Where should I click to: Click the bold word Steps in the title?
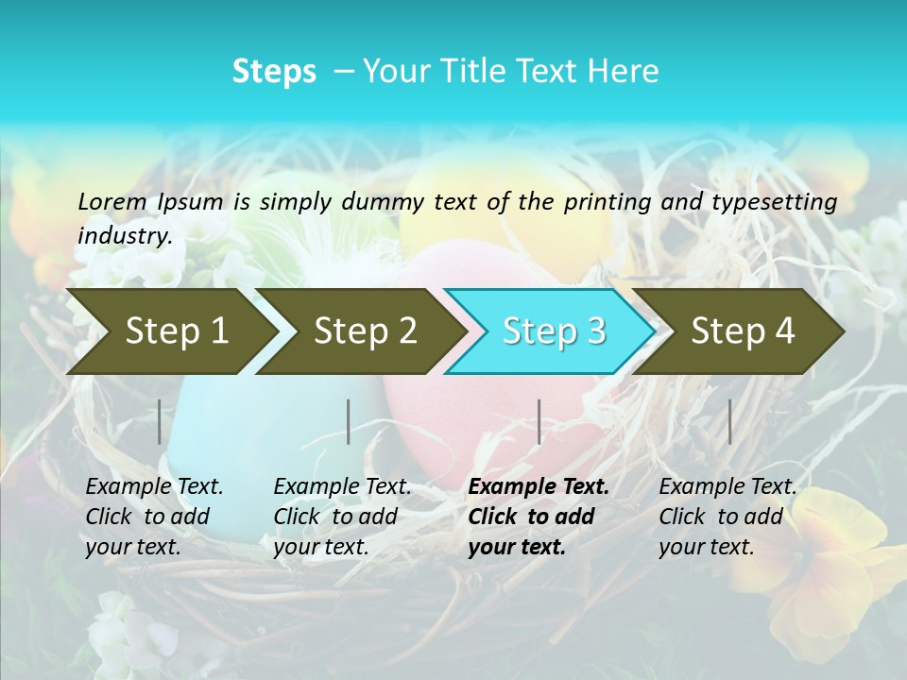click(274, 72)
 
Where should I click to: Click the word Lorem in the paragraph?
click(112, 201)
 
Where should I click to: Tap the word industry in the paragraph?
click(124, 236)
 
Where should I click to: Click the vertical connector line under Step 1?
click(160, 421)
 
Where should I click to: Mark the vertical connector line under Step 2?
click(349, 421)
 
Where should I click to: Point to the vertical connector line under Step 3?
click(539, 421)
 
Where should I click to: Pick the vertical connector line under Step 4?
click(730, 421)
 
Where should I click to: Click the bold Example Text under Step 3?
click(539, 487)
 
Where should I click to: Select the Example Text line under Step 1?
click(154, 487)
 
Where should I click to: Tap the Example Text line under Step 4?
click(727, 487)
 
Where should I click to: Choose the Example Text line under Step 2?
click(342, 487)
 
